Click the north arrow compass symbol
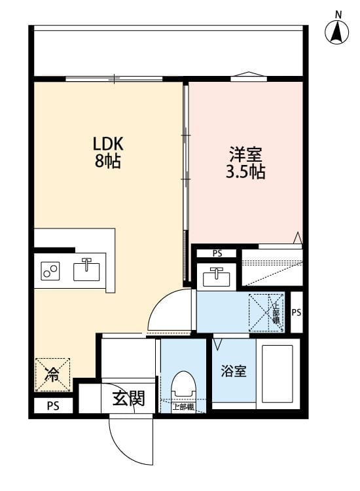pos(338,29)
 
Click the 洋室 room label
pos(245,156)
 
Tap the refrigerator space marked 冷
pos(52,374)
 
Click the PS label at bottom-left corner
pos(52,407)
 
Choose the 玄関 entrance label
pos(128,399)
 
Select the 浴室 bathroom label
pos(234,371)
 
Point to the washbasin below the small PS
pos(215,277)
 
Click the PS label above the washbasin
pos(217,253)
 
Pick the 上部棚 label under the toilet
pos(183,407)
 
